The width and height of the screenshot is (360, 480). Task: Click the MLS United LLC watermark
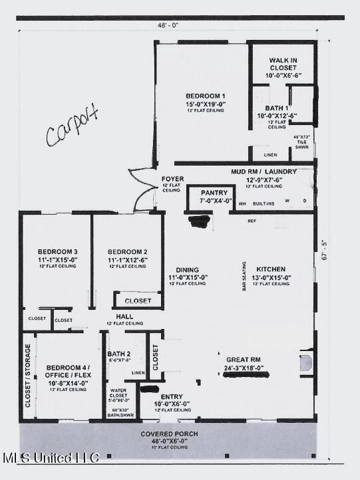52,458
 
